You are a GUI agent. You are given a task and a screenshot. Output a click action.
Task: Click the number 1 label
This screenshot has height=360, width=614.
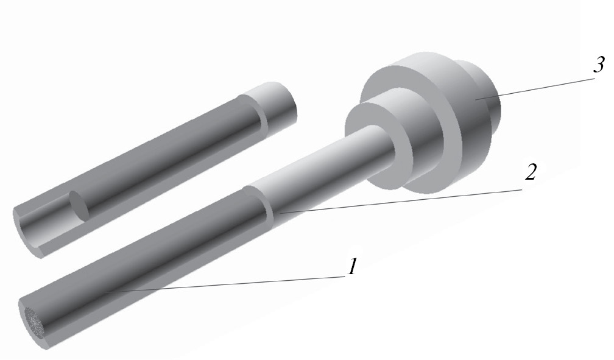[x=353, y=266]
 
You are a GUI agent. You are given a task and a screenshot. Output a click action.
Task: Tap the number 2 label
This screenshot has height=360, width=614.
[x=530, y=172]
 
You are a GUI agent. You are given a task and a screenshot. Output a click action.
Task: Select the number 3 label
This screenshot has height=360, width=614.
[x=599, y=65]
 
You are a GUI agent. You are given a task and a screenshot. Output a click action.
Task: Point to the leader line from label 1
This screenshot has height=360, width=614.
[x=225, y=284]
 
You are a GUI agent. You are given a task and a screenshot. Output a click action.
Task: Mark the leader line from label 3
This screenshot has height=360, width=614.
[x=535, y=89]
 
